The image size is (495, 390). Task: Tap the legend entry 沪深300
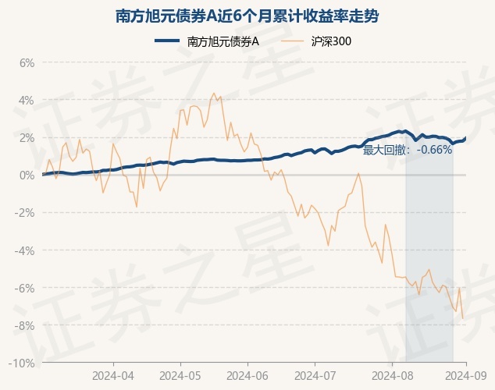(321, 41)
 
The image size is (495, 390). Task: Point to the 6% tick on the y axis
(27, 62)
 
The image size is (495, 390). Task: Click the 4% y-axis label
(27, 100)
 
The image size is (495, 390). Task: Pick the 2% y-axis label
(27, 137)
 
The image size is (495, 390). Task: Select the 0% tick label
(27, 175)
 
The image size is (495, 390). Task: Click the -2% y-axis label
(25, 213)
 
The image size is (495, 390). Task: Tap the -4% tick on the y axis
(25, 250)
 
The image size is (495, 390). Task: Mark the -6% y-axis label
(25, 288)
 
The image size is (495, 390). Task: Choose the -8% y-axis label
(25, 325)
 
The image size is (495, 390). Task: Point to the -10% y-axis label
(23, 363)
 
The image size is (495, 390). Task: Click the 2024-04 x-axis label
(113, 375)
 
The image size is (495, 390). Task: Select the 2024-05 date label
(180, 375)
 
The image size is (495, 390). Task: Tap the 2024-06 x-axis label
(247, 375)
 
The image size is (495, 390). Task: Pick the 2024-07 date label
(315, 375)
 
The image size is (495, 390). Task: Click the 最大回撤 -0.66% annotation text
(407, 150)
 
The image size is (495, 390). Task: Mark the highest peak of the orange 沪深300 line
(214, 93)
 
